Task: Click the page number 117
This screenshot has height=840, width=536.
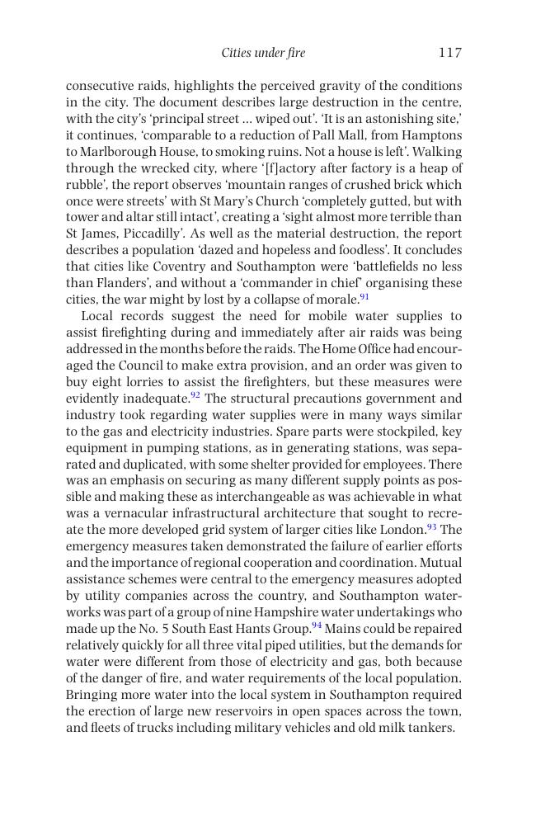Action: point(449,53)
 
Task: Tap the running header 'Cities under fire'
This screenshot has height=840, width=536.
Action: point(263,53)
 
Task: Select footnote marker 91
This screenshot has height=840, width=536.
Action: point(364,296)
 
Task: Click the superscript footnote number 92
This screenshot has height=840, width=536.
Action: point(195,395)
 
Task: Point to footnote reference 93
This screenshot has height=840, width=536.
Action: point(431,526)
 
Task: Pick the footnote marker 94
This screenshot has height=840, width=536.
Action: point(317,625)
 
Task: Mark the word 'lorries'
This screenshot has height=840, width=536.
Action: point(143,382)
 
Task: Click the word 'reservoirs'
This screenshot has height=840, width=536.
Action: point(223,711)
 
